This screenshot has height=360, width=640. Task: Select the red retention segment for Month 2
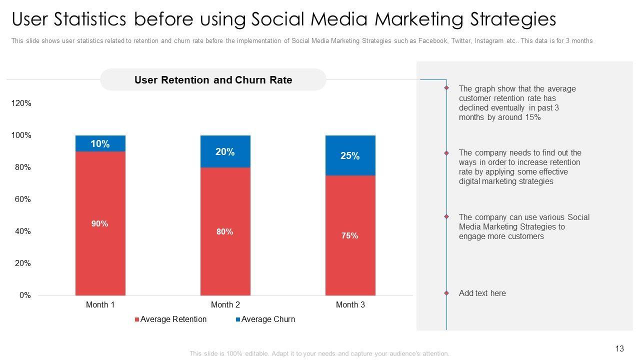coord(225,250)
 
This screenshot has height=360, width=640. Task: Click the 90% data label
coord(99,224)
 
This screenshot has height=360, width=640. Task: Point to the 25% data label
coord(350,156)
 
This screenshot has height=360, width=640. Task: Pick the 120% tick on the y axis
coord(21,103)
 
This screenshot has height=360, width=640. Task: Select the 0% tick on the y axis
coord(25,295)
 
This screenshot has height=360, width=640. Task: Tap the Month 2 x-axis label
coord(225,304)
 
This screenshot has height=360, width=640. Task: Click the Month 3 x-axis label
coord(350,304)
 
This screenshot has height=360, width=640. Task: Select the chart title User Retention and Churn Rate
coord(213,80)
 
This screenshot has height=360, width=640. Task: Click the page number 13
coord(619,349)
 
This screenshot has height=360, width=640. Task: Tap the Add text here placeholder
coord(482,293)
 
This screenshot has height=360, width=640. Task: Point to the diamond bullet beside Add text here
coord(446,293)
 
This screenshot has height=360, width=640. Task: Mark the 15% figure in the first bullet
coord(533,117)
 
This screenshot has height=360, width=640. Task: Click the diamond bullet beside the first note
coord(446,88)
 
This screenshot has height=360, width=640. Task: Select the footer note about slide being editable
coord(319,353)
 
